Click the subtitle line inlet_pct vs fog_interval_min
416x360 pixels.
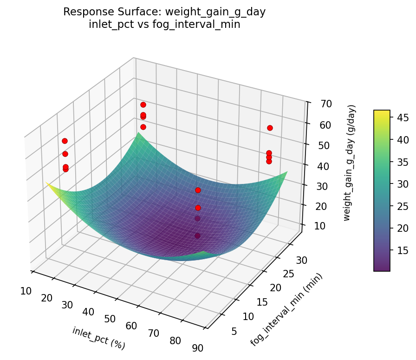coord(164,25)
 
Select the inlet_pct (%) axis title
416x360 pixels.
coord(98,338)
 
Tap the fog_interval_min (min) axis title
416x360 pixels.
coord(286,309)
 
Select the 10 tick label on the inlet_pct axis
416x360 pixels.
coord(26,291)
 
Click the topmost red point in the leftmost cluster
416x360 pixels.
coord(65,141)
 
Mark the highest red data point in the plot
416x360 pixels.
coord(143,105)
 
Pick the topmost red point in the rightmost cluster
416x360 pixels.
coord(270,128)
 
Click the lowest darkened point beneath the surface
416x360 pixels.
coord(198,236)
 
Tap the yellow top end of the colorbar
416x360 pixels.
coord(382,112)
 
